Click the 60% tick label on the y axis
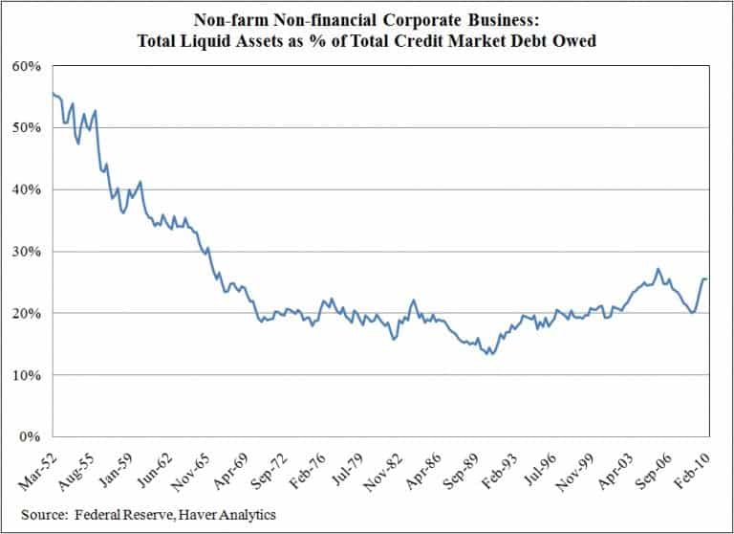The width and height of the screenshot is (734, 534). pos(25,66)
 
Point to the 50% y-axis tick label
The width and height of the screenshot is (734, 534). pos(25,128)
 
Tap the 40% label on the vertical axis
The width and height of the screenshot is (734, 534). pos(25,189)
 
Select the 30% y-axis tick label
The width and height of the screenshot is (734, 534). pos(25,252)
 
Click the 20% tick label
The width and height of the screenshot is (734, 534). pos(25,313)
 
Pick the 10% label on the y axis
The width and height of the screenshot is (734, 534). pos(25,375)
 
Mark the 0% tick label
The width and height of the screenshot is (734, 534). pos(29,437)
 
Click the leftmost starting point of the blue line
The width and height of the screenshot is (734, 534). pos(51,93)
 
